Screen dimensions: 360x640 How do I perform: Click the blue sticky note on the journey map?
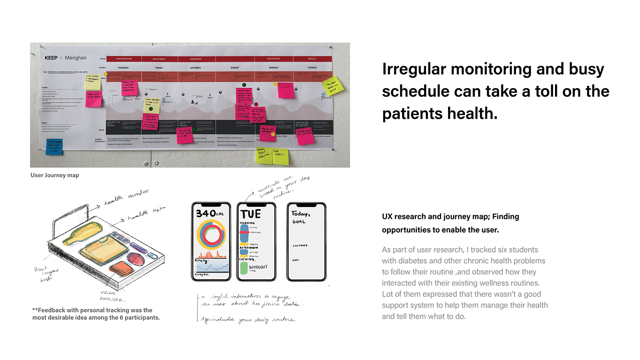point(54,146)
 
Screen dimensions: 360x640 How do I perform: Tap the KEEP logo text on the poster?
point(51,58)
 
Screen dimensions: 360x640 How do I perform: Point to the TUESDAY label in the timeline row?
point(312,68)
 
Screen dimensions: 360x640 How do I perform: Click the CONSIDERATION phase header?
point(123,59)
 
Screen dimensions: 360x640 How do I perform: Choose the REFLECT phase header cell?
point(312,59)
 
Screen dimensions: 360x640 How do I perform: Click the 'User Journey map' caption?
point(55,175)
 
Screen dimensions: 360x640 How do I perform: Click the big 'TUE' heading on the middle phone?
point(251,214)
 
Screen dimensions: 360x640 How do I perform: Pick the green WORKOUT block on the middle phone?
point(244,268)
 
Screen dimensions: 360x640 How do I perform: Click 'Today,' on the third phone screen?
point(301,213)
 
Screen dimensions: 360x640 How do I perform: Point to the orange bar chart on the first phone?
point(211,254)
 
